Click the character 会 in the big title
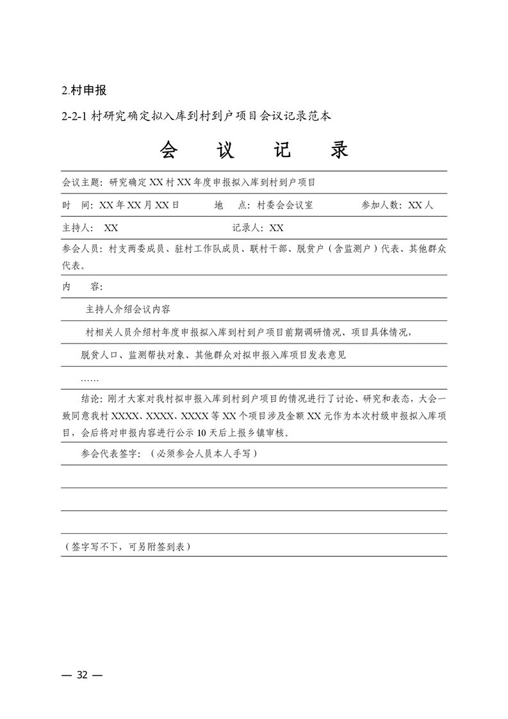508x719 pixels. coord(169,149)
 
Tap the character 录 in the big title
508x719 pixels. coord(339,149)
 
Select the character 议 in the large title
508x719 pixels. coord(225,149)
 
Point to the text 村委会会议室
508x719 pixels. coord(284,205)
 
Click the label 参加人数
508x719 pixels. coord(382,205)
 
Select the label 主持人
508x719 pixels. coord(77,227)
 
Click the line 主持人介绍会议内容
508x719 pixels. coord(128,308)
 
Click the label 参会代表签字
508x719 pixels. coord(108,454)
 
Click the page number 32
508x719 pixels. coord(81,675)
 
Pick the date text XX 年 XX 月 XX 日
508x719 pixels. coord(139,205)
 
